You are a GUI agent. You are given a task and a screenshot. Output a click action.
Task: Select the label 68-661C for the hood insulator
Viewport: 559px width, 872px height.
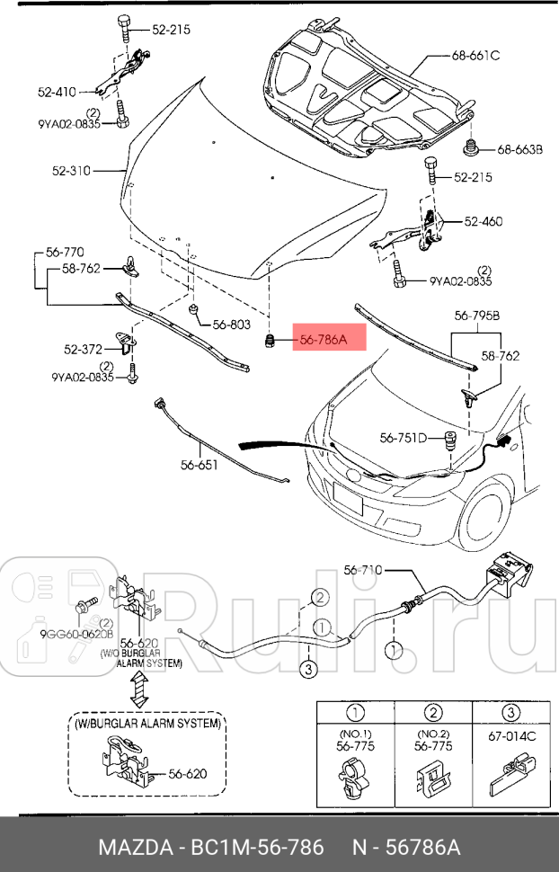click(475, 56)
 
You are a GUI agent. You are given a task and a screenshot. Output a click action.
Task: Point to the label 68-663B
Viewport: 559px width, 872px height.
click(520, 149)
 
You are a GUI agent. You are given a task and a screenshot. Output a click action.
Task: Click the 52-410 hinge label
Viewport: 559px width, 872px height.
click(57, 91)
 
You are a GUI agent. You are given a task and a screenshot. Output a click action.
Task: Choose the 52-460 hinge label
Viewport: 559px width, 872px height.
click(484, 221)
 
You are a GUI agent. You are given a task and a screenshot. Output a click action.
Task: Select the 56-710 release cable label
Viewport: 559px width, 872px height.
click(364, 569)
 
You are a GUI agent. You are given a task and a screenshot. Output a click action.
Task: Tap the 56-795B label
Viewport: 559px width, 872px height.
click(476, 316)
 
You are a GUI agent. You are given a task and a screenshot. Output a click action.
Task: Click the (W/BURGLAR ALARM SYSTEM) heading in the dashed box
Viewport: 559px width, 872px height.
click(148, 722)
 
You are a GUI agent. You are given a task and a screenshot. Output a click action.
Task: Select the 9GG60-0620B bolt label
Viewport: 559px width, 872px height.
click(75, 633)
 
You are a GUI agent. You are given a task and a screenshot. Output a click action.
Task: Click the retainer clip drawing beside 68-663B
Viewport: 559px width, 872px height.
click(468, 147)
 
